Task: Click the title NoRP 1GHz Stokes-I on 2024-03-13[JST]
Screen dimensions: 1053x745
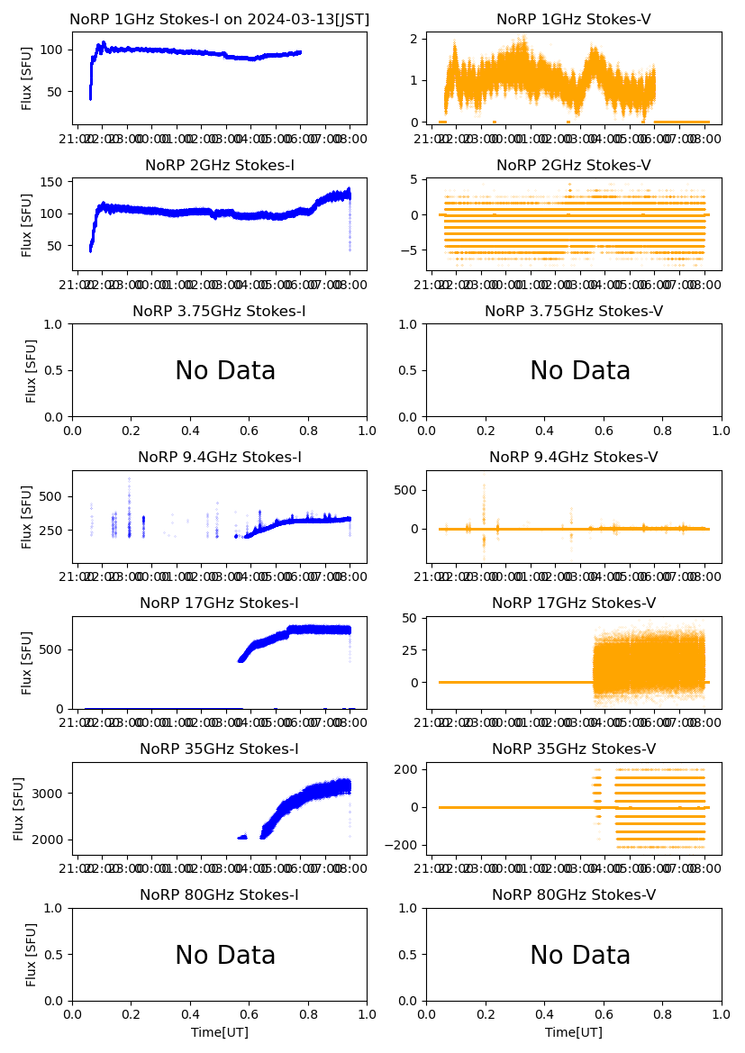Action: pyautogui.click(x=219, y=19)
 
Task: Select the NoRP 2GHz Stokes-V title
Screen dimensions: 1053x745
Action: pyautogui.click(x=573, y=165)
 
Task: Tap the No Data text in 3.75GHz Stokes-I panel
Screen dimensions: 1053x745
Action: pyautogui.click(x=225, y=371)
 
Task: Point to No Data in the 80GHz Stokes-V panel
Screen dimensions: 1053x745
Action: pyautogui.click(x=579, y=955)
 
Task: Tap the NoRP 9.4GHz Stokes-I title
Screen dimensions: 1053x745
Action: pyautogui.click(x=219, y=457)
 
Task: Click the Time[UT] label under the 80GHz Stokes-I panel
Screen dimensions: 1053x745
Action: pyautogui.click(x=219, y=1032)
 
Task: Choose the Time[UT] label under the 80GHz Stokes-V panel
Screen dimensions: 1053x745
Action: pyautogui.click(x=573, y=1032)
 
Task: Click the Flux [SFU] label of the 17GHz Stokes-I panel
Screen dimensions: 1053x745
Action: pyautogui.click(x=27, y=662)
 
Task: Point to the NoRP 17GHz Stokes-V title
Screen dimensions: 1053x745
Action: pyautogui.click(x=573, y=603)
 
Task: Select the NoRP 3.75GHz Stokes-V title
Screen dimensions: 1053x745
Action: pyautogui.click(x=573, y=311)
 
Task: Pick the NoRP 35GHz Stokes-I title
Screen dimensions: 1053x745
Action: pyautogui.click(x=219, y=749)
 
